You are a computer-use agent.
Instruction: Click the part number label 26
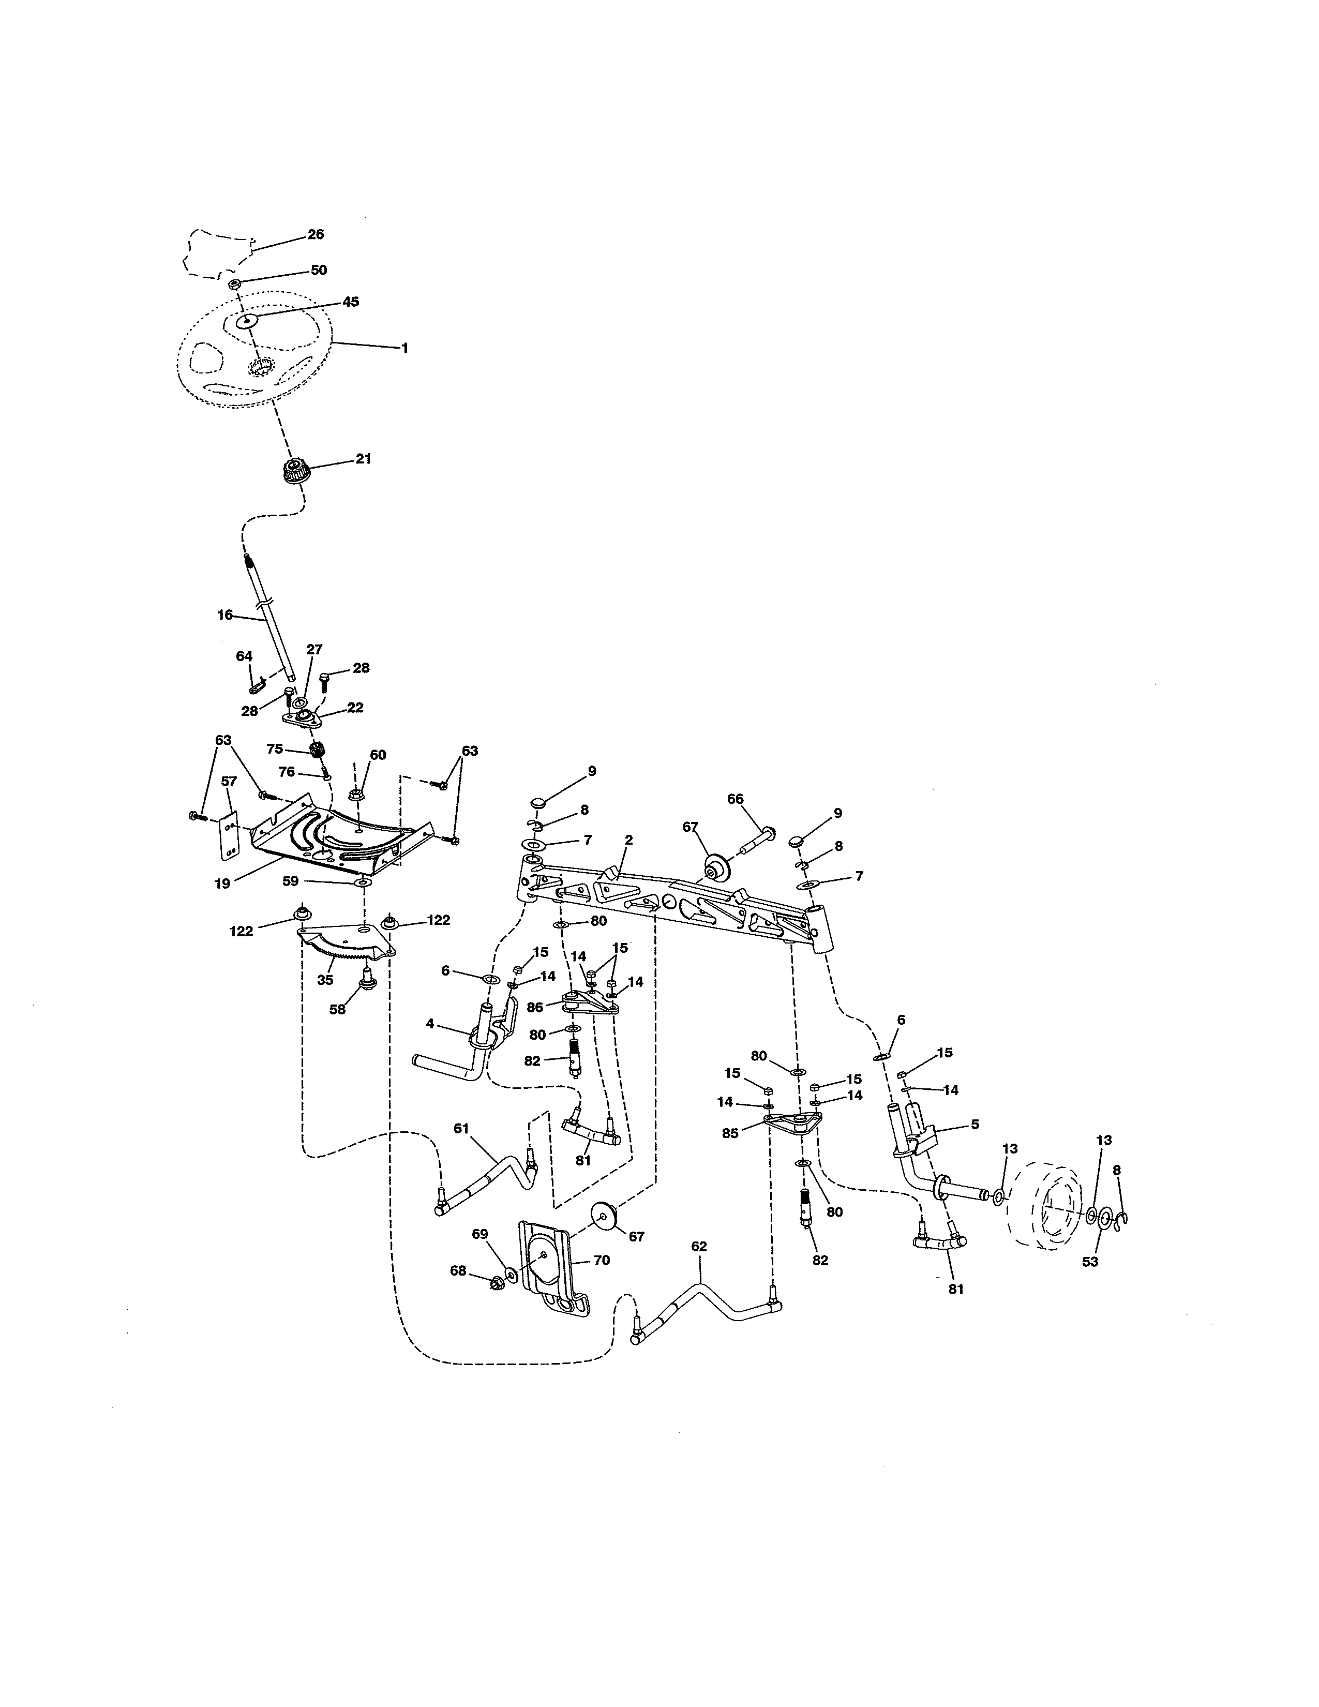coord(316,234)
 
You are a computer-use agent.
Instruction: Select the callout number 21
coord(363,459)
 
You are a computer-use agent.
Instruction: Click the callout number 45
coord(351,302)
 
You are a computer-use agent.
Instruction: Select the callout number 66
coord(736,799)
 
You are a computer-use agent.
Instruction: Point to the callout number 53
coord(1090,1262)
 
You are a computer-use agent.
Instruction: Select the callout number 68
coord(458,1271)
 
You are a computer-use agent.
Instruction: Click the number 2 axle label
coord(629,840)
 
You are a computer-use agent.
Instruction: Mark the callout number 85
coord(730,1133)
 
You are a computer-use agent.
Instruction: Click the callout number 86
coord(535,1008)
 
